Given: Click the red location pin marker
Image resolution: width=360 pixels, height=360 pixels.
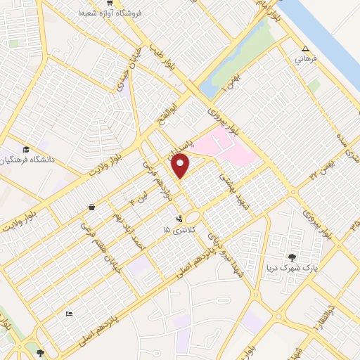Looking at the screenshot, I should [181, 165].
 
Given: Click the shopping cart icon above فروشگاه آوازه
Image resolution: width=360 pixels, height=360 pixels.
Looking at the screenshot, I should [109, 3].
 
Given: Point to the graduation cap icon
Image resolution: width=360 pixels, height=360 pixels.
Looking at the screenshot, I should [27, 149].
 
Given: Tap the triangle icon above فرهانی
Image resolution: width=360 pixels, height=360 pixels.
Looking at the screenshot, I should [304, 49].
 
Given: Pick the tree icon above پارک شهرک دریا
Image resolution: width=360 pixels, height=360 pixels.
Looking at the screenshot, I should [292, 257].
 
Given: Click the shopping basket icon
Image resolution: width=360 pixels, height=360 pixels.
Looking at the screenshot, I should [92, 207].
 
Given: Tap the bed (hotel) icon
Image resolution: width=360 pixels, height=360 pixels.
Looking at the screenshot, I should [68, 313].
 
